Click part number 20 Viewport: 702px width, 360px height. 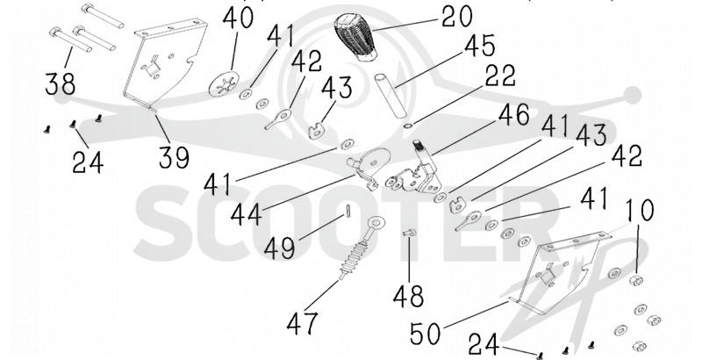point(456,17)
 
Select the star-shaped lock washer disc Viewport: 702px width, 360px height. point(224,83)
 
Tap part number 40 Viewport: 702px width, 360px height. point(238,18)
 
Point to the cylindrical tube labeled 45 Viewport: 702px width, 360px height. point(390,96)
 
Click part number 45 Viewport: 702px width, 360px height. point(479,47)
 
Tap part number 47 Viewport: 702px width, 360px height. point(303,323)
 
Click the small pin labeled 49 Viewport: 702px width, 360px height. point(347,211)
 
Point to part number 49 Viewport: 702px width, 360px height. point(279,248)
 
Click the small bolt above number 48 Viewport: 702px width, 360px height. point(407,233)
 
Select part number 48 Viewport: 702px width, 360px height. point(408,296)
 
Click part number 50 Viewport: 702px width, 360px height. point(426,335)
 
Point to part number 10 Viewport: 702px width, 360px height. point(640,210)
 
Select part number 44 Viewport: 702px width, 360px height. point(247,214)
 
